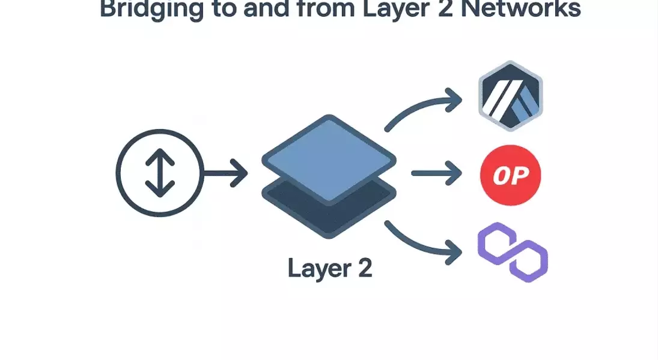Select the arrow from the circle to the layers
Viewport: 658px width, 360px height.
click(x=225, y=174)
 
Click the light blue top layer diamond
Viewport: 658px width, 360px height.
click(x=329, y=157)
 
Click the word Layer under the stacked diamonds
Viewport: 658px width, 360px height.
click(x=314, y=268)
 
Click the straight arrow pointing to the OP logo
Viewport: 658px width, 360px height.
click(x=436, y=174)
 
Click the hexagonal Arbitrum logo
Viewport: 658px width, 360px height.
click(x=510, y=96)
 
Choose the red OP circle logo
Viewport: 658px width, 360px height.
click(x=511, y=175)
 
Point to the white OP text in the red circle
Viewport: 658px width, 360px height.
click(x=511, y=175)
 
